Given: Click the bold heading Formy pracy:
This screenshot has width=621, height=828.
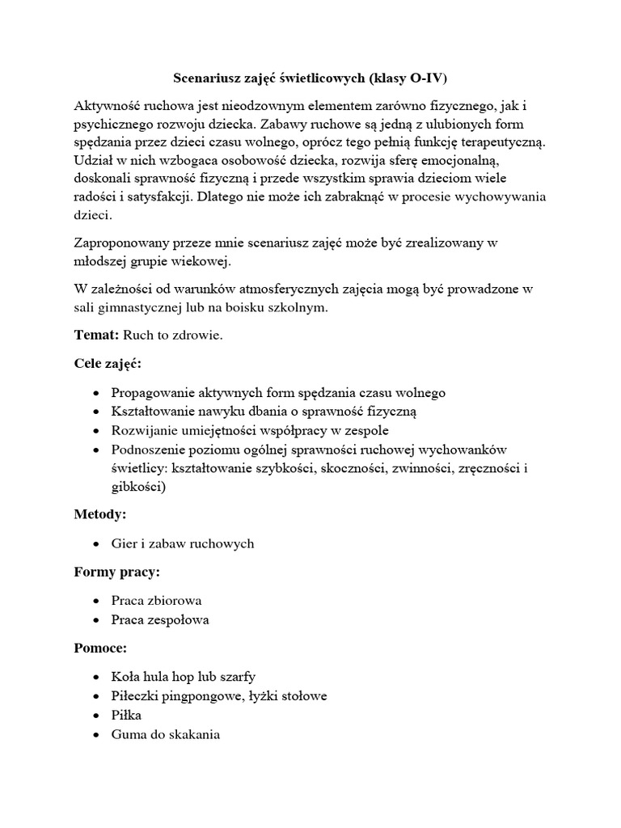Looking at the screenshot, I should point(117,572).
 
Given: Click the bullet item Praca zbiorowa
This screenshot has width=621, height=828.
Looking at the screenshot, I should point(156,601).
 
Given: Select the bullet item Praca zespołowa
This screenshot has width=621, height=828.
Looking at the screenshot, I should point(159,620).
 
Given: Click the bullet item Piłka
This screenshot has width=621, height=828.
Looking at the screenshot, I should point(127,715).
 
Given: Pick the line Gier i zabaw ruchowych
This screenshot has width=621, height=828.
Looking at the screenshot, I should point(182,543).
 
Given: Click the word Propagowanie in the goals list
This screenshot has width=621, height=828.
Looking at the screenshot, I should point(150,393).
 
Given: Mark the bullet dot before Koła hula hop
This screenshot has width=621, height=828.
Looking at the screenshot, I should point(97,677).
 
